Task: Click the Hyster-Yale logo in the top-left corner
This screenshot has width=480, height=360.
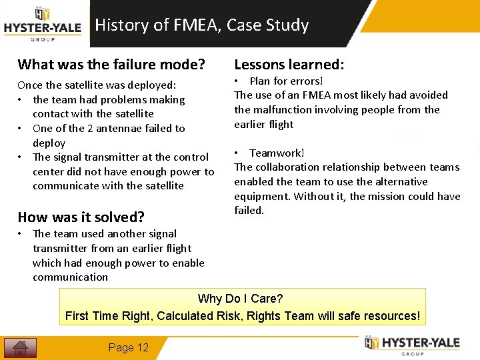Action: [43, 24]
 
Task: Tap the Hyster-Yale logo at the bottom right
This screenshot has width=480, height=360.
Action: [413, 345]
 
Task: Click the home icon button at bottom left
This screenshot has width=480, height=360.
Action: [20, 347]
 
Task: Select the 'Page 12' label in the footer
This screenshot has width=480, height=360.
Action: [129, 347]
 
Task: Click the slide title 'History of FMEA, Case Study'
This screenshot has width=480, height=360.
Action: [202, 25]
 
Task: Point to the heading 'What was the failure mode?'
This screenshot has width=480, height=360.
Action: [111, 65]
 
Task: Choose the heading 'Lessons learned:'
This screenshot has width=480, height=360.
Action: [289, 65]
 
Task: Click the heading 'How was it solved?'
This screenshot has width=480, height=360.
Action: [81, 217]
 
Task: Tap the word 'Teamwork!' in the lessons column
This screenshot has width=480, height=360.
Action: [277, 153]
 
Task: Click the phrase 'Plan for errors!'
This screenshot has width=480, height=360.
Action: [286, 81]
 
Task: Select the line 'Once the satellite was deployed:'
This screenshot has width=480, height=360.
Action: [97, 85]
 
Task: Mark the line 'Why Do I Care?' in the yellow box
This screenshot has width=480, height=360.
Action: [241, 299]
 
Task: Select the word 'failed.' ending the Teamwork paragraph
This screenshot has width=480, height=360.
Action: [249, 210]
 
